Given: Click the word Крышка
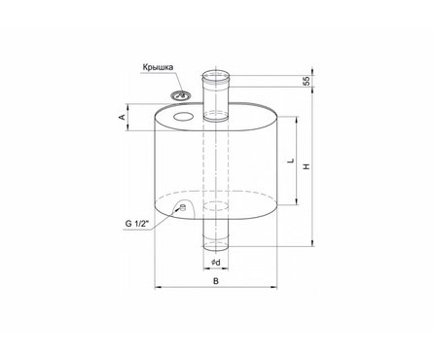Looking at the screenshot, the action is click(158, 68).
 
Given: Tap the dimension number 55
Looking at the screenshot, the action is click(307, 81).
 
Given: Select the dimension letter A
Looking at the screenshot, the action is click(122, 117).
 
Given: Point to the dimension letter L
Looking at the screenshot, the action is click(292, 161).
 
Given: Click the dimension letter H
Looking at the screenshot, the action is click(307, 166).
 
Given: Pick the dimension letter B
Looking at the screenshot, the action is click(216, 281).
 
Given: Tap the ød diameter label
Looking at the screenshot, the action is click(215, 263).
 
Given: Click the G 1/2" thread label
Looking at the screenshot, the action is click(137, 224).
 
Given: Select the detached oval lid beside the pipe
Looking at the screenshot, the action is click(181, 95).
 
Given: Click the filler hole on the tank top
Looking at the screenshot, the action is click(184, 117).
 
